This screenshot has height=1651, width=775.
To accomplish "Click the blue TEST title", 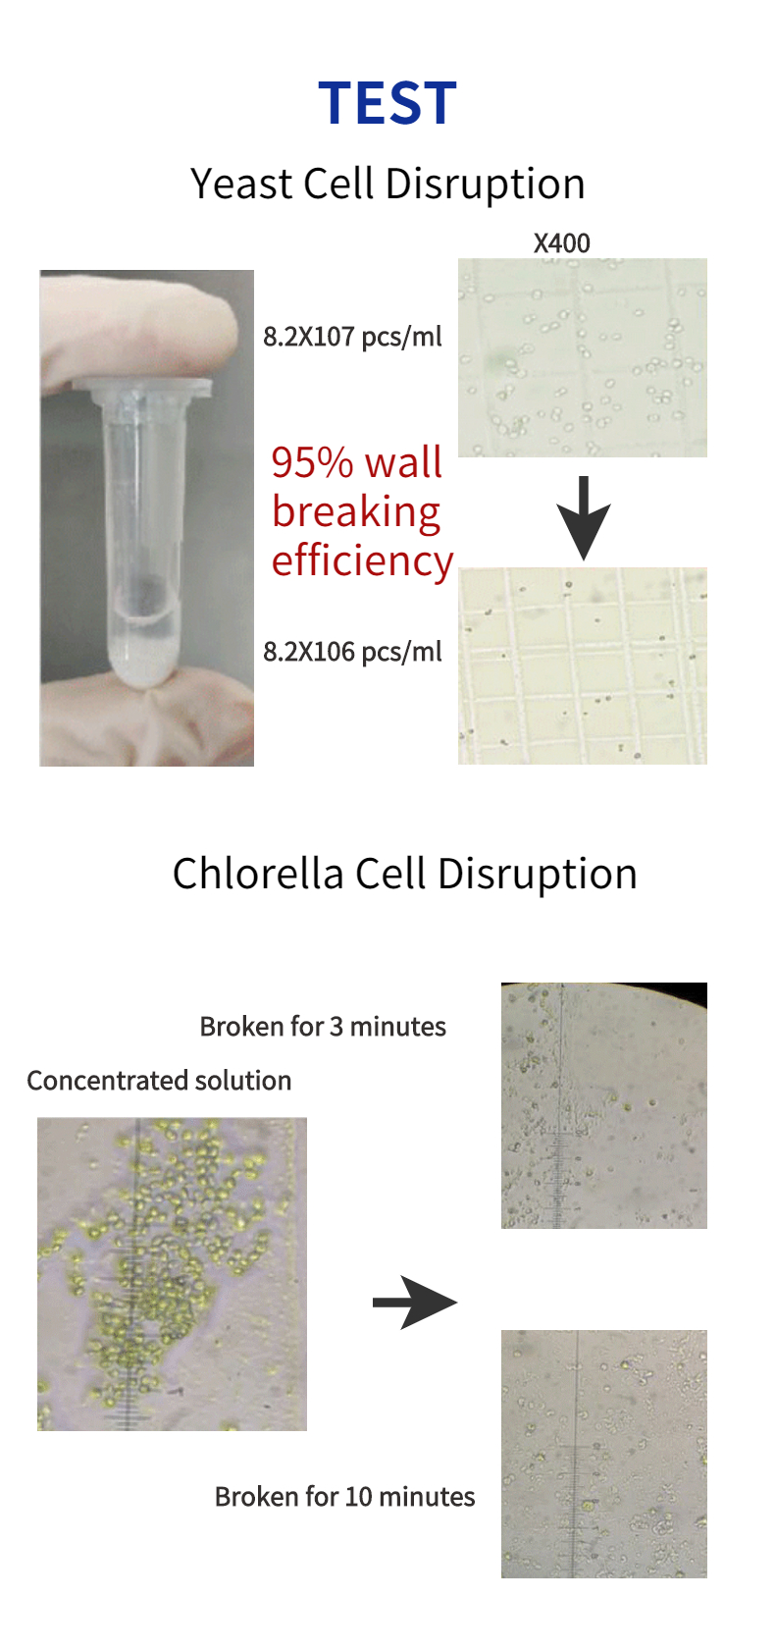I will point(387,103).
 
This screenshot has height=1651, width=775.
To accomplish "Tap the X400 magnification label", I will point(561,243).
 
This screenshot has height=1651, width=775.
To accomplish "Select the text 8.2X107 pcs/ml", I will point(352,337).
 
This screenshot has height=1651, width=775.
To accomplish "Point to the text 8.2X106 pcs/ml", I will point(352,652).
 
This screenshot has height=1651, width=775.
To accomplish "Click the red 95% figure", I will point(312,462).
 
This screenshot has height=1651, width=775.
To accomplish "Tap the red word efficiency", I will point(362,560).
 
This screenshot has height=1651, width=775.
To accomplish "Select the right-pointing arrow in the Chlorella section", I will point(414,1303).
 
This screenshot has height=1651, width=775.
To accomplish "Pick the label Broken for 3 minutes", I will point(323,1027).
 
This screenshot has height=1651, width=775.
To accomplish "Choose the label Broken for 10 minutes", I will point(344,1497).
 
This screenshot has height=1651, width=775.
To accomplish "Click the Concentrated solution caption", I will point(159,1081).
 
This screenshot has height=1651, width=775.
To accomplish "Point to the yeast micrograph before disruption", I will point(582,357).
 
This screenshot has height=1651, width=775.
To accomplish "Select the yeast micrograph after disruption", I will point(582,666).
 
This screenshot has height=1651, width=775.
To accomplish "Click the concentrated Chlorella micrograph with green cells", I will point(172,1273).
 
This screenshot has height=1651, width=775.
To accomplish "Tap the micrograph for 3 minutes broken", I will point(603,1105).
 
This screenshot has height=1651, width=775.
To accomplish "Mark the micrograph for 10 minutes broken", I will point(603,1454).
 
